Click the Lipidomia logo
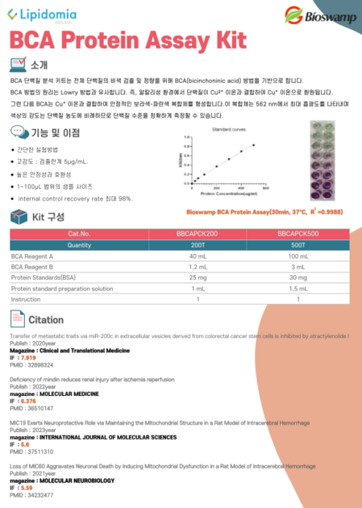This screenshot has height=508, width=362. [41, 14]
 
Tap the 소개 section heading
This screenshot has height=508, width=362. [40, 65]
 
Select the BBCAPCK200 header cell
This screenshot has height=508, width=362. [197, 233]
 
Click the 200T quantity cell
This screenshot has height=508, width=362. [197, 244]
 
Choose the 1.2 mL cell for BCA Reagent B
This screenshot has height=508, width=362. [197, 265]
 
